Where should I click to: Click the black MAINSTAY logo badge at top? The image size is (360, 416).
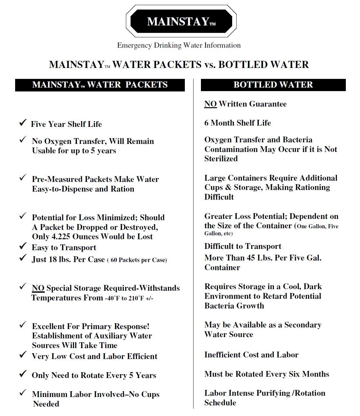(181, 21)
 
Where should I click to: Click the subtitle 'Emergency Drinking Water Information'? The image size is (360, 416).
(179, 45)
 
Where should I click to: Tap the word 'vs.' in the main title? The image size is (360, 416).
(210, 64)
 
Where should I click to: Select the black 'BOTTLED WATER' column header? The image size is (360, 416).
(273, 85)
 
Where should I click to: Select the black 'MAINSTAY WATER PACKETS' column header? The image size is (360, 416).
(100, 85)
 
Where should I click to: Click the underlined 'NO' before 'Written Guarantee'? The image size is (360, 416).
(210, 104)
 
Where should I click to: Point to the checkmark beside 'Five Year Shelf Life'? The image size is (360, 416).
(23, 123)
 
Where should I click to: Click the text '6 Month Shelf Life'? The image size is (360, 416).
(237, 123)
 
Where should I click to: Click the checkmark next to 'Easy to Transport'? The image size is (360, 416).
(23, 246)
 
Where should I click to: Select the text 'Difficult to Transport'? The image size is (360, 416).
(242, 246)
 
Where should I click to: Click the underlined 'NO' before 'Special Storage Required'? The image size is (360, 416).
(38, 288)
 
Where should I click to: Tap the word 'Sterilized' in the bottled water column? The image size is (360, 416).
(221, 159)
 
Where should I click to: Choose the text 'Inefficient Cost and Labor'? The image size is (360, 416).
(251, 355)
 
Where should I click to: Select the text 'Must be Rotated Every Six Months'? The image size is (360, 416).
(267, 374)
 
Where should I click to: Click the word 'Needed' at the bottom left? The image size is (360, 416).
(46, 404)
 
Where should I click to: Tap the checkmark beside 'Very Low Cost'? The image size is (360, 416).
(23, 355)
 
